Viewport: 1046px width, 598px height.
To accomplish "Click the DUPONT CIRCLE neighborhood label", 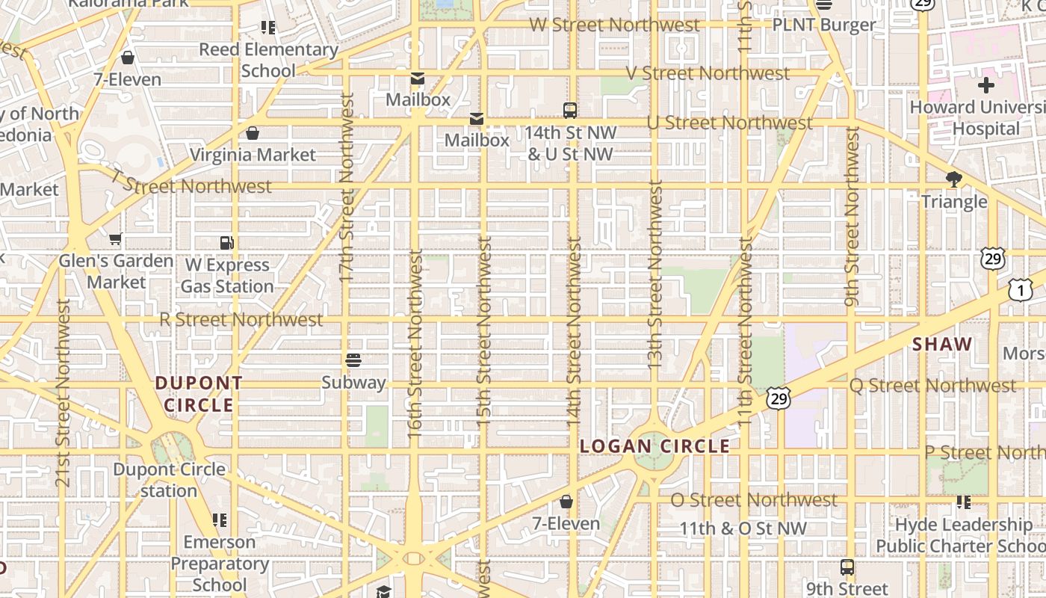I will coord(199,394).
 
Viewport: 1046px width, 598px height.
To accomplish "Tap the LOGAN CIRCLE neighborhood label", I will coord(654,446).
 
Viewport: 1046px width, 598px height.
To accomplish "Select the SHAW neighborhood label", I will coord(942,345).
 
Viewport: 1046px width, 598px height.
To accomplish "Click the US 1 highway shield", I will coord(1020,289).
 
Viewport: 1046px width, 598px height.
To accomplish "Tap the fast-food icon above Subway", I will coord(353,360).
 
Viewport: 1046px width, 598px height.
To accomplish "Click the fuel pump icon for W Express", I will coord(227,242).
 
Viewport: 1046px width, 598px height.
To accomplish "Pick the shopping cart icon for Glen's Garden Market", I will coord(115,239).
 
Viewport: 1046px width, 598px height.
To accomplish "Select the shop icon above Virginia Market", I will coord(253,133).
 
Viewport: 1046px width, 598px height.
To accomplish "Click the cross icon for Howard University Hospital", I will coord(985,85).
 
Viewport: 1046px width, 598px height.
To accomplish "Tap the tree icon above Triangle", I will coord(953,179).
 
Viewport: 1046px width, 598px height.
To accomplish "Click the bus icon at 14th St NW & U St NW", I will coord(570,111).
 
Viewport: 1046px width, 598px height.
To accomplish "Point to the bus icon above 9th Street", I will coord(847,567).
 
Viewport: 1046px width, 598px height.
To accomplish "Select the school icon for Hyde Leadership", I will coord(964,502).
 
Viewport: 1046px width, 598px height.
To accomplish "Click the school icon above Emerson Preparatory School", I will coord(219,520).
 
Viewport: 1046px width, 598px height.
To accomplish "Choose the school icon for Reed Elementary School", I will coord(267,28).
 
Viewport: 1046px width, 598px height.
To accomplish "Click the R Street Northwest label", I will coord(241,320).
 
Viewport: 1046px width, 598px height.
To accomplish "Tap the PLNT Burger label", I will coord(823,25).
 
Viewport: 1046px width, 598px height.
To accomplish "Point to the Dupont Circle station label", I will coord(169,480).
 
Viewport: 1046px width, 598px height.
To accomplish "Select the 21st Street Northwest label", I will coord(63,393).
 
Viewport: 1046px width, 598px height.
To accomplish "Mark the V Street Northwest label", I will coord(708,73).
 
